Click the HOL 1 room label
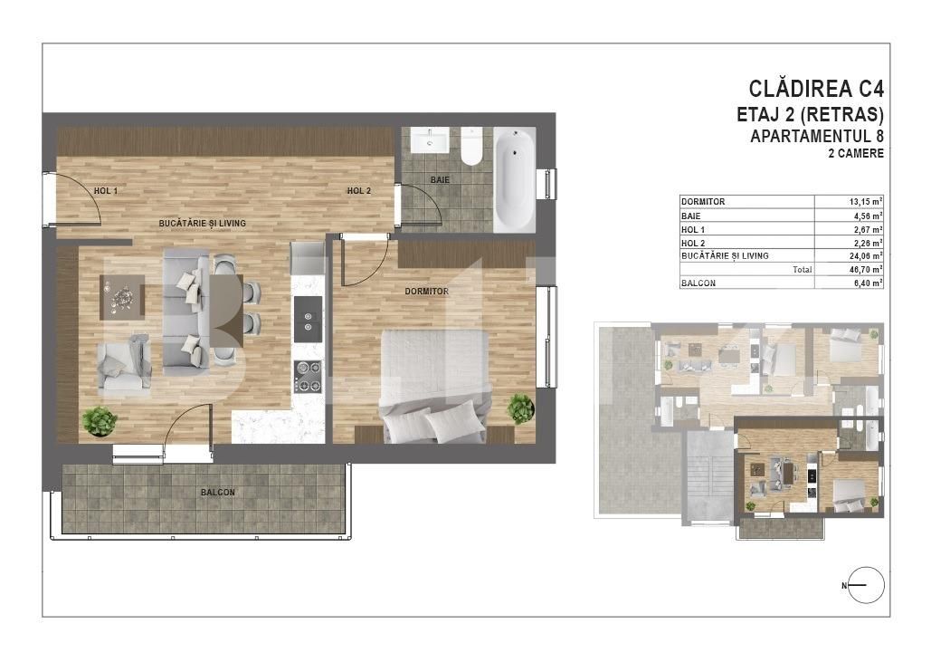106,191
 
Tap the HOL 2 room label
359,191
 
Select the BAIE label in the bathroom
440,180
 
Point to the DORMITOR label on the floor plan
427,292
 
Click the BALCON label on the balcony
218,493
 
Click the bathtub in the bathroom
514,177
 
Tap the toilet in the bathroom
472,147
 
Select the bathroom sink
429,140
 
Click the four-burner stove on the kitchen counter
308,377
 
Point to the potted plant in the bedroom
520,408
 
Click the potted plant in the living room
99,420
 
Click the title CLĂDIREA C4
816,89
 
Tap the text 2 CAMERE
856,154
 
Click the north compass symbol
866,585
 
